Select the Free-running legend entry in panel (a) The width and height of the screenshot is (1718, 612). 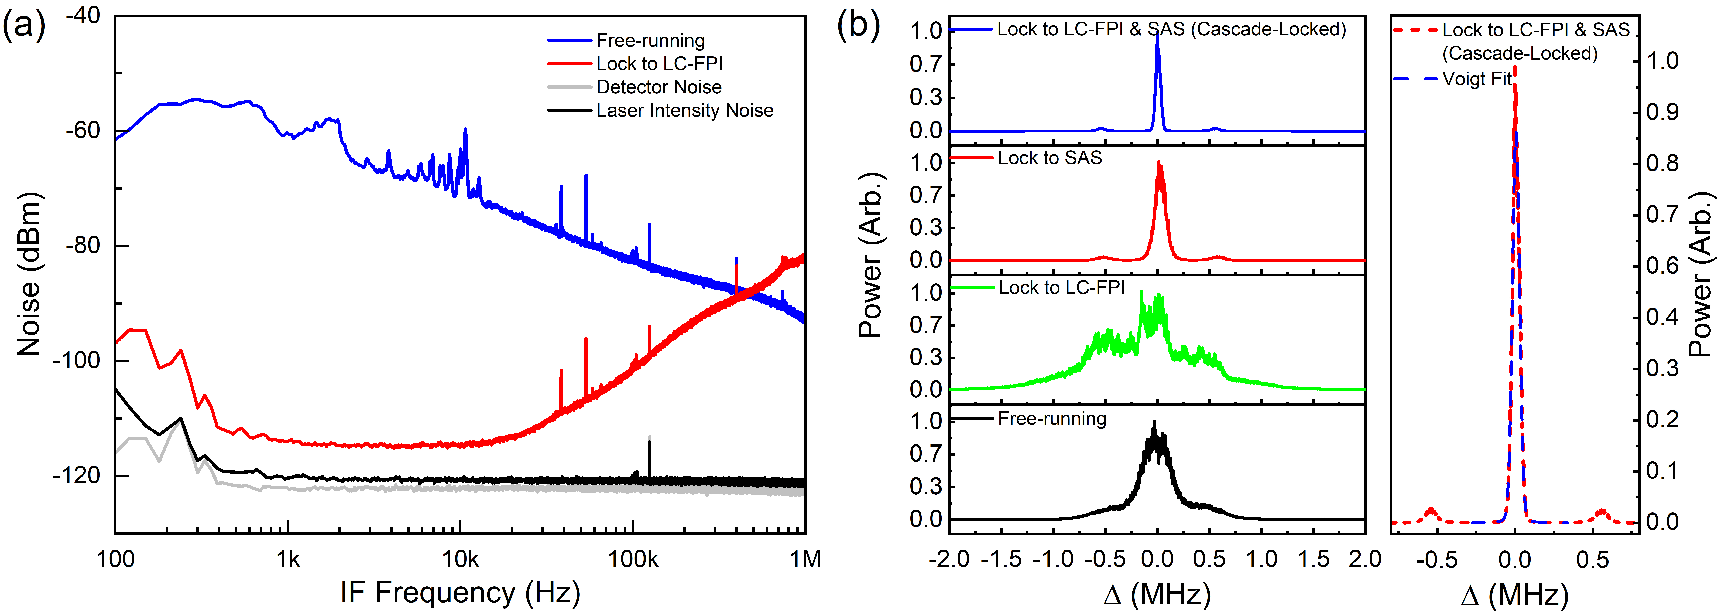tap(650, 41)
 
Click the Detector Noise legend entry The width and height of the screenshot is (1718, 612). tap(659, 87)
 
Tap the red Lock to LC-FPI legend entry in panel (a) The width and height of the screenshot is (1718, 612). tap(659, 64)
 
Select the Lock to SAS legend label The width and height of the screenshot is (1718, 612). tap(1050, 158)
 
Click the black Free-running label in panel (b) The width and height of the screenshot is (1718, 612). tap(1052, 419)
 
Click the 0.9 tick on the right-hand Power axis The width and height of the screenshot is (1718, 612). tap(1662, 112)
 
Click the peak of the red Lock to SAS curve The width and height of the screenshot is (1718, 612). tap(1158, 162)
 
